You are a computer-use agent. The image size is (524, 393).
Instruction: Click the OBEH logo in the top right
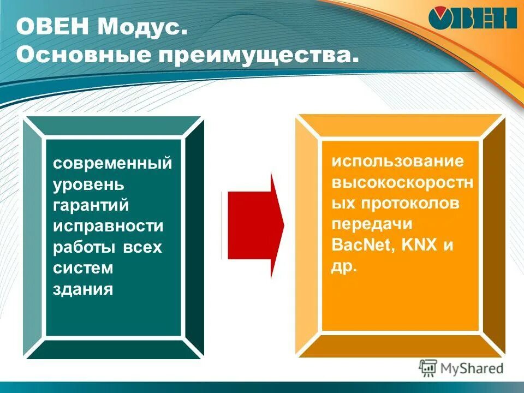[x=473, y=19]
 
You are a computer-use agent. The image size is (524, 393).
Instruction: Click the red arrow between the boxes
[x=254, y=225]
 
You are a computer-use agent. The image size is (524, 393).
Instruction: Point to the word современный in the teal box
[x=112, y=163]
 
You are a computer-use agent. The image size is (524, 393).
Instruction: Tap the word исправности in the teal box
[x=108, y=225]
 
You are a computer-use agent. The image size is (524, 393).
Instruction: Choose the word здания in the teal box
[x=83, y=289]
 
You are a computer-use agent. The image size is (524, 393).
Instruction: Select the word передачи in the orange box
[x=372, y=224]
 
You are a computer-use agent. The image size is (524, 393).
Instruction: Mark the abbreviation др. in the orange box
[x=344, y=267]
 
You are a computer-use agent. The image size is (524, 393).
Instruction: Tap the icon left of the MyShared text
[x=428, y=368]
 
